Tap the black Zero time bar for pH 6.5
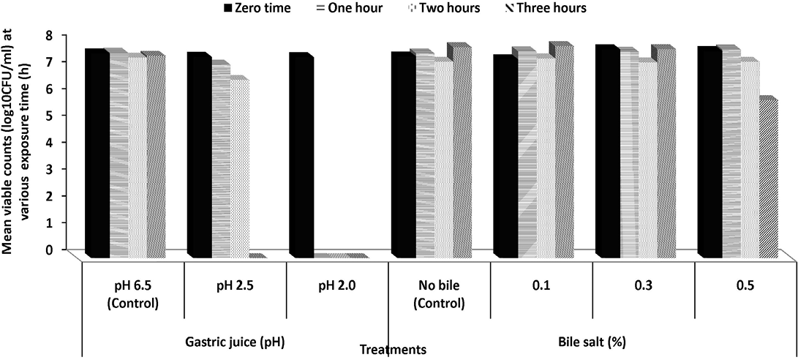tap(97, 153)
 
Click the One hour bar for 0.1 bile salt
tap(524, 153)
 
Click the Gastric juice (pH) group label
tap(233, 341)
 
